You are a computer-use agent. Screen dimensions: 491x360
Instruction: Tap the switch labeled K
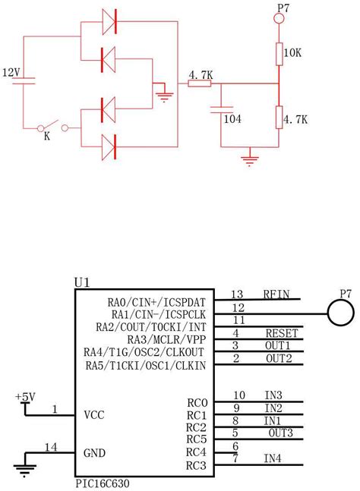coord(52,127)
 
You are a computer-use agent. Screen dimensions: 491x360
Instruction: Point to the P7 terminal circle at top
coord(279,23)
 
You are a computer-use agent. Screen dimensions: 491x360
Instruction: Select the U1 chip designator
coord(82,282)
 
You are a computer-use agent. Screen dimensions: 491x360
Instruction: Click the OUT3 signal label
coord(281,433)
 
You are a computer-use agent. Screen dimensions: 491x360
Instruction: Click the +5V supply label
coord(24,397)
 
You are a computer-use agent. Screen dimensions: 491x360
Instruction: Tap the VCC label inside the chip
coord(94,416)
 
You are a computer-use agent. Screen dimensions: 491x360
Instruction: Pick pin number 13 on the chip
coord(238,294)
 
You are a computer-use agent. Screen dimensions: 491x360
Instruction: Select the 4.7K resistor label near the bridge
coord(199,74)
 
